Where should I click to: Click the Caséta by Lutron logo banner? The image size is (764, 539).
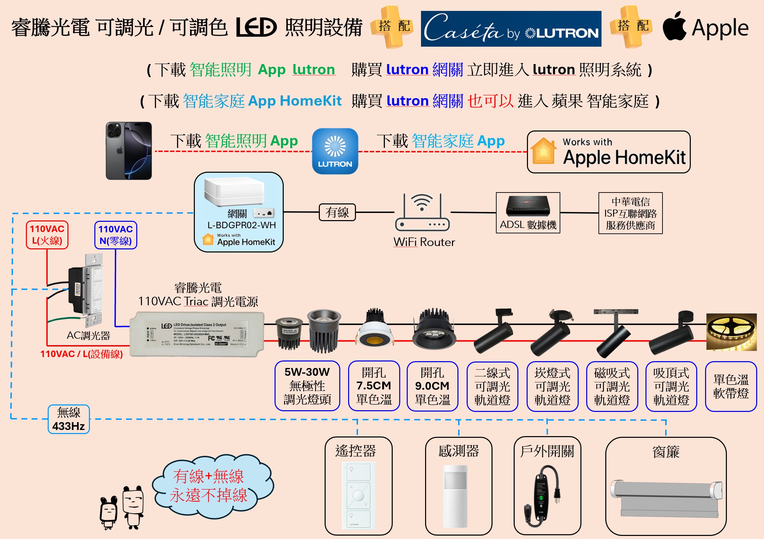click(x=511, y=29)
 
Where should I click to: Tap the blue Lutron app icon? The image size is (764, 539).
click(x=335, y=151)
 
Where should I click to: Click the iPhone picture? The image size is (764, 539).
click(x=128, y=151)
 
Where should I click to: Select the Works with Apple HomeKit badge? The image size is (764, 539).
click(x=608, y=152)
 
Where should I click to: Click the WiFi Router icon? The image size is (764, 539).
click(x=422, y=213)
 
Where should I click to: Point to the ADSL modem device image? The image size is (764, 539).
click(x=528, y=206)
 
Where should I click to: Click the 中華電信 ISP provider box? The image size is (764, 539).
click(x=630, y=213)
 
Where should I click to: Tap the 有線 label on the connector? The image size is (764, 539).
click(x=337, y=212)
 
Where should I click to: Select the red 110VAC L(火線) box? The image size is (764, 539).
click(x=47, y=235)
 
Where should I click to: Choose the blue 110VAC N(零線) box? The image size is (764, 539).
click(x=115, y=235)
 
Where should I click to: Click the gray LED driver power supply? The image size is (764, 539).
click(x=197, y=334)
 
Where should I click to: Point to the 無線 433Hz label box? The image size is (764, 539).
click(x=68, y=419)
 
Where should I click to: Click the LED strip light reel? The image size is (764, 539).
click(x=731, y=332)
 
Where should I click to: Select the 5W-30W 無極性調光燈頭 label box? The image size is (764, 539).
click(x=307, y=386)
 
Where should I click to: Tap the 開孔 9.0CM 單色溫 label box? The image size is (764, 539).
click(x=432, y=386)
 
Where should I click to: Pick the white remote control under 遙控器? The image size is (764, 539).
click(x=358, y=495)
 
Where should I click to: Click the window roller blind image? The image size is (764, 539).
click(x=666, y=497)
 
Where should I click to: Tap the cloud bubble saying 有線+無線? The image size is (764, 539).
click(x=211, y=486)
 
